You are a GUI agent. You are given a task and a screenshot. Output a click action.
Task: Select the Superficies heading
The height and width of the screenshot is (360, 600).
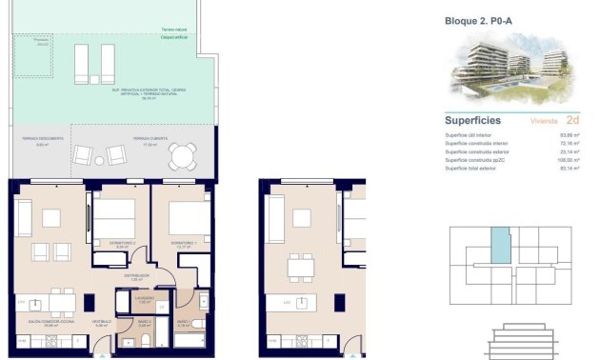coord(474,121)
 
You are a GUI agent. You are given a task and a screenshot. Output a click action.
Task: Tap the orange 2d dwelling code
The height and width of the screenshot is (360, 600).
coord(572,121)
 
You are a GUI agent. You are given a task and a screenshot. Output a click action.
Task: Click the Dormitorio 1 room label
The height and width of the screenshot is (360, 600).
coord(183,244)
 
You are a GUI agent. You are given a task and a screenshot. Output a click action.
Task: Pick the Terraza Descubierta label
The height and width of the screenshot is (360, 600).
coord(42,139)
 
